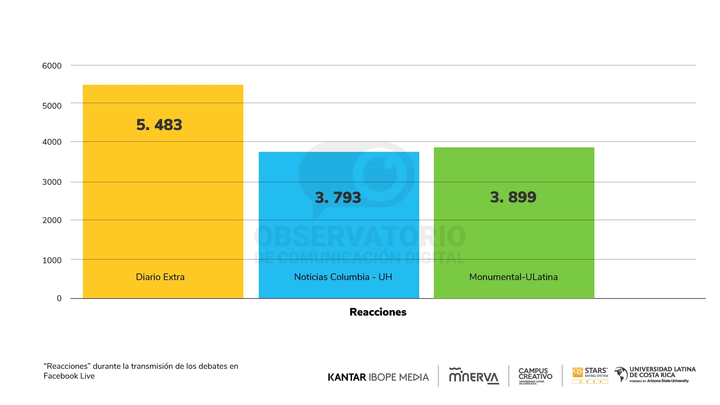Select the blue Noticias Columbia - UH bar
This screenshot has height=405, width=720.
click(x=339, y=240)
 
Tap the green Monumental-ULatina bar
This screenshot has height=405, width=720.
click(x=514, y=240)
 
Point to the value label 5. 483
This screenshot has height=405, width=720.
click(x=159, y=125)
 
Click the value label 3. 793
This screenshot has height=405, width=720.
click(x=338, y=198)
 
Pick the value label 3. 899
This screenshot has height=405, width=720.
click(x=513, y=197)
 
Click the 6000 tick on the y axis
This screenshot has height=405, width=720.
click(x=52, y=66)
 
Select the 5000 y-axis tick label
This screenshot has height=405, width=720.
click(x=52, y=106)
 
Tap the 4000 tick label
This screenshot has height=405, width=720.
click(x=52, y=142)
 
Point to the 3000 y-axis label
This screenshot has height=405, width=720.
click(x=52, y=182)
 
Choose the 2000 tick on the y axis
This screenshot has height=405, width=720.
click(x=52, y=220)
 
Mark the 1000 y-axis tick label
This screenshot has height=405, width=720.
click(x=52, y=261)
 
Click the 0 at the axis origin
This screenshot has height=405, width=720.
click(x=59, y=298)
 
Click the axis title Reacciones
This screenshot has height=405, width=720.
click(x=378, y=312)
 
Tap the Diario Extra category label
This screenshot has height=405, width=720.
click(x=160, y=277)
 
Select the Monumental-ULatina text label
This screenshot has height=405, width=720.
click(x=513, y=277)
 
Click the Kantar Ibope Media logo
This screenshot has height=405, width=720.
click(x=378, y=377)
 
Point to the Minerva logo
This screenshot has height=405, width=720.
click(x=474, y=376)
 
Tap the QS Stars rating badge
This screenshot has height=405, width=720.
click(x=590, y=375)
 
